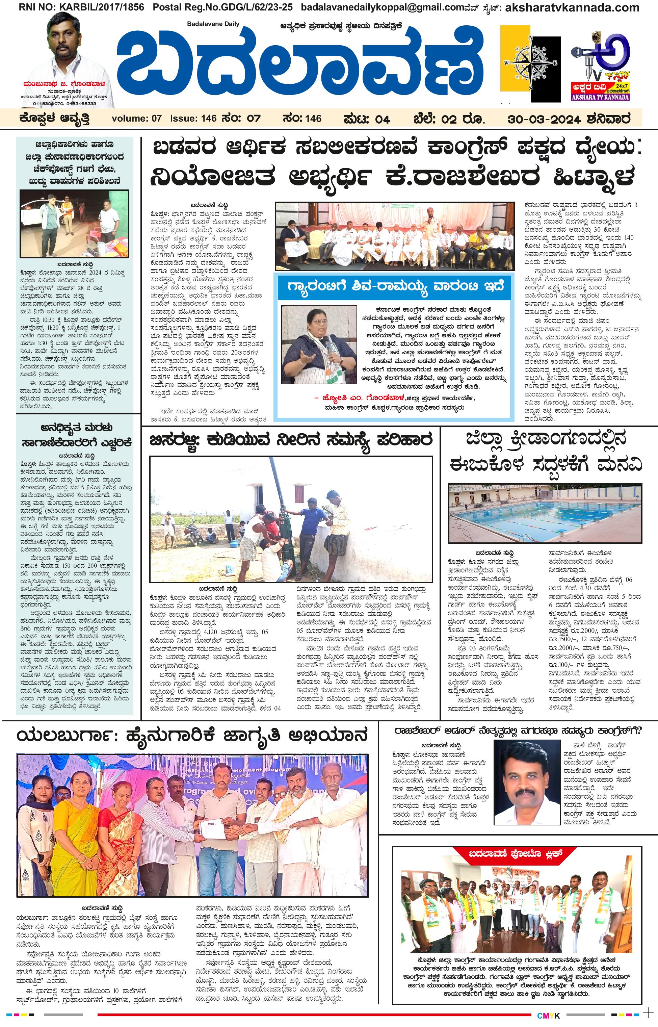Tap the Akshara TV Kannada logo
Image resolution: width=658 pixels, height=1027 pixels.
(600, 66)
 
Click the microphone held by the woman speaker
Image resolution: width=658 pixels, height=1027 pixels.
(326, 341)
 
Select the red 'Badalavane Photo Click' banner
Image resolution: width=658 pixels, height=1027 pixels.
(513, 853)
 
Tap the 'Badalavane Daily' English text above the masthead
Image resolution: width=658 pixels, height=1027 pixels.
(213, 24)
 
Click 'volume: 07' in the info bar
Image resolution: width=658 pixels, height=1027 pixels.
(136, 119)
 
